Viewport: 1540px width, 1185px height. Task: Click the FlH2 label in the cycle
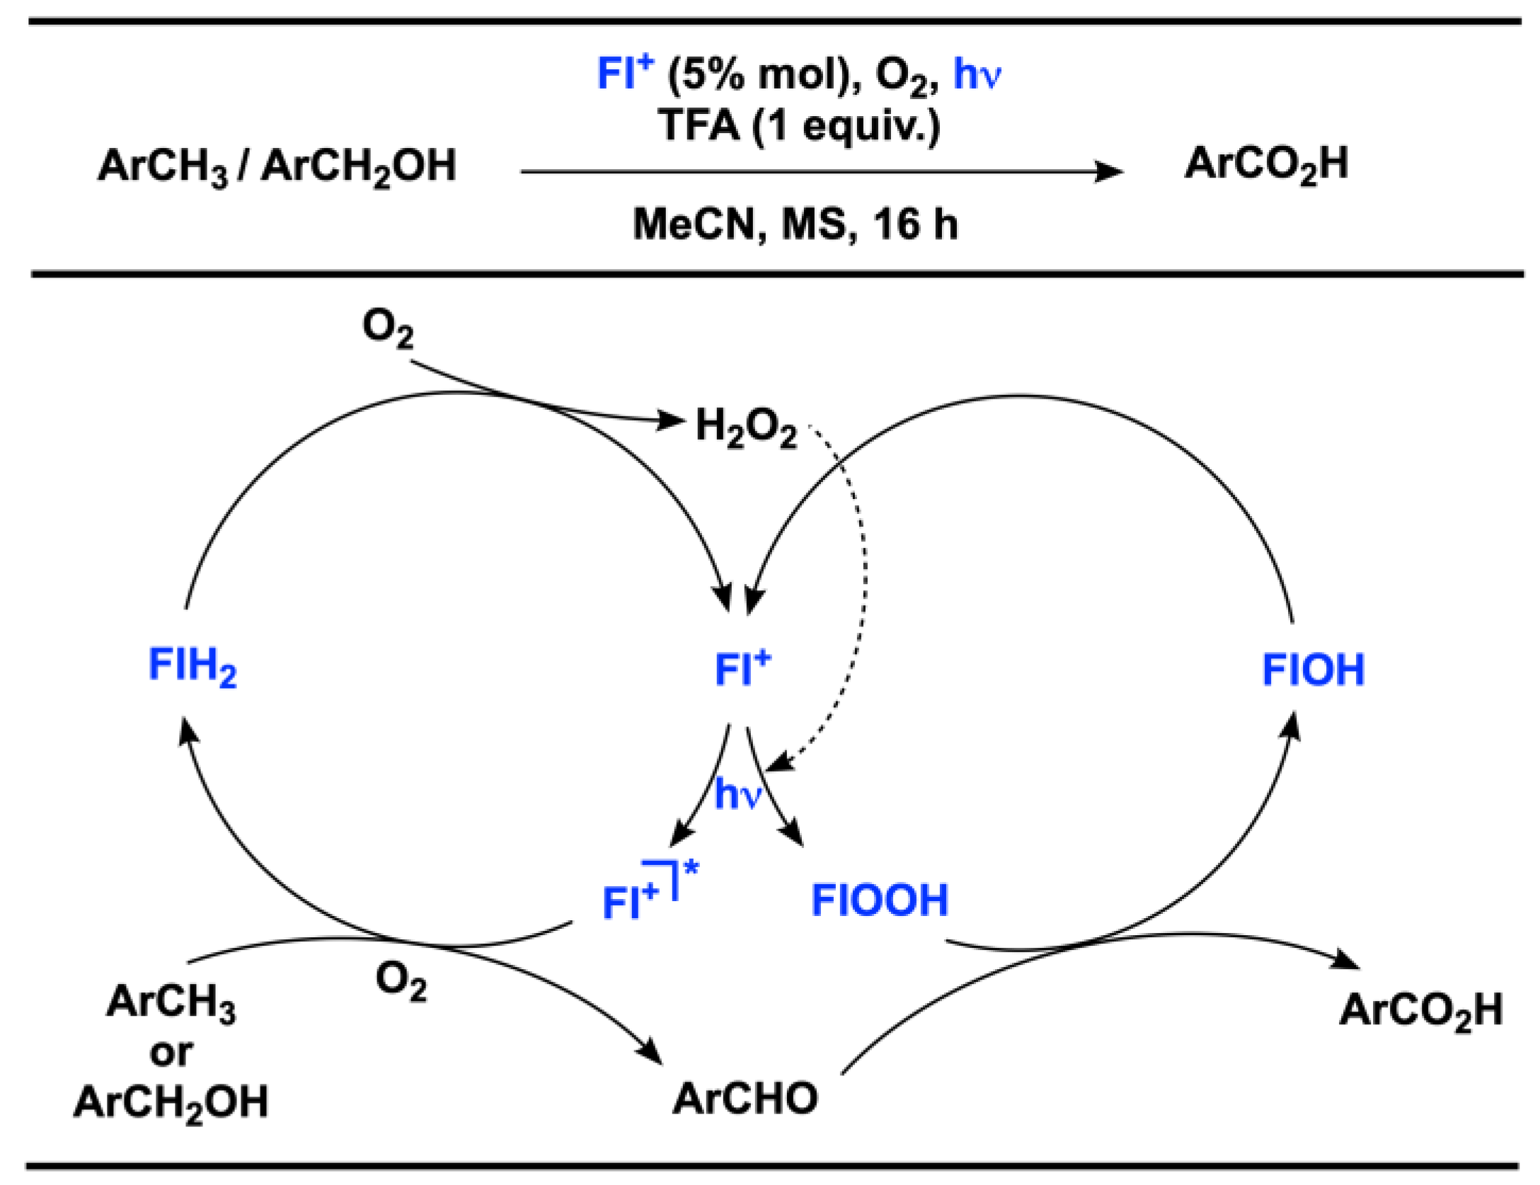(x=192, y=667)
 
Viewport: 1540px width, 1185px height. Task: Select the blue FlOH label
(x=1313, y=670)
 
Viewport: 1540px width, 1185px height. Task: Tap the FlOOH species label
(x=879, y=900)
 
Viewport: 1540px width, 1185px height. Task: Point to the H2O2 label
(x=746, y=427)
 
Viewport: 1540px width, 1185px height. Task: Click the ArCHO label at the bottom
(x=745, y=1098)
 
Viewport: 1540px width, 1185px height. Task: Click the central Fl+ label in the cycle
(x=742, y=668)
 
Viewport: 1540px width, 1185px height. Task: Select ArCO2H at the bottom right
(x=1421, y=1010)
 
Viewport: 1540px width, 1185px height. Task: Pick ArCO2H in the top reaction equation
(x=1266, y=164)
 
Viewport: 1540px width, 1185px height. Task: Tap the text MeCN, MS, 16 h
(x=795, y=224)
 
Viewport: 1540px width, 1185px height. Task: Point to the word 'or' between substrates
(x=171, y=1053)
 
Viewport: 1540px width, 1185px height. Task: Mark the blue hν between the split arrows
(x=737, y=794)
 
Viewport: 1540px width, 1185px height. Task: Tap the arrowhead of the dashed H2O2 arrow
(x=777, y=763)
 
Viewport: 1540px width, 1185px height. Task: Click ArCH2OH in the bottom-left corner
(x=171, y=1102)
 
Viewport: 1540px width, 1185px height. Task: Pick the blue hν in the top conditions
(x=977, y=74)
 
